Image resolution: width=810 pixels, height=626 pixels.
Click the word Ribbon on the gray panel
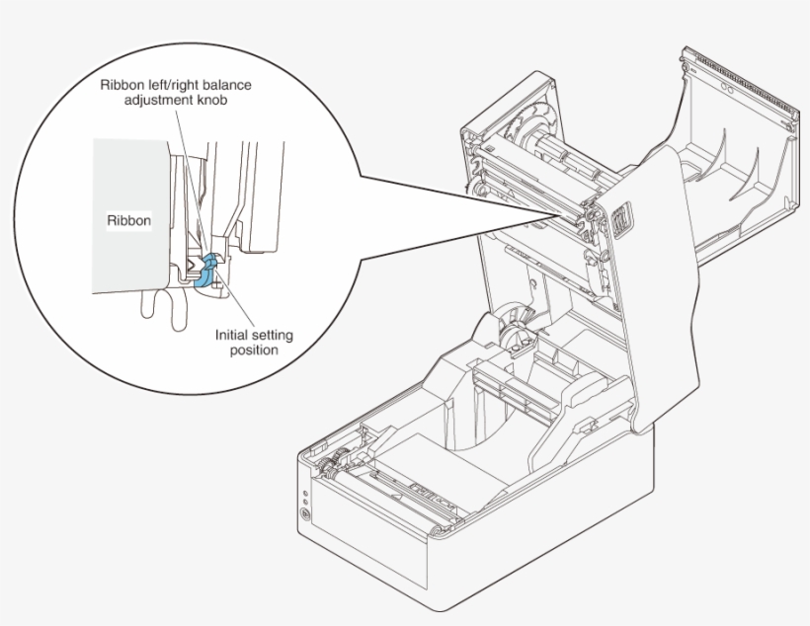coord(128,221)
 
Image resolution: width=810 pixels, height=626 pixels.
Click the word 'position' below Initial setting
coord(254,350)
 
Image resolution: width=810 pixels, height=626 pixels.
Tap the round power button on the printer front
coord(305,514)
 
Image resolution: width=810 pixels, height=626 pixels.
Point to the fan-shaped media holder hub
coord(513,331)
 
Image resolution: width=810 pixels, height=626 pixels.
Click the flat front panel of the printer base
coord(474,553)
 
